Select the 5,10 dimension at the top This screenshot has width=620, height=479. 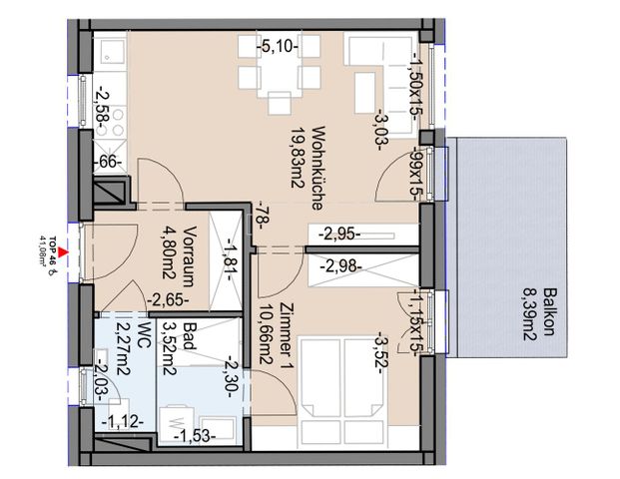point(277,45)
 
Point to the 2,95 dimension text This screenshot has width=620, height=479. point(340,236)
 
